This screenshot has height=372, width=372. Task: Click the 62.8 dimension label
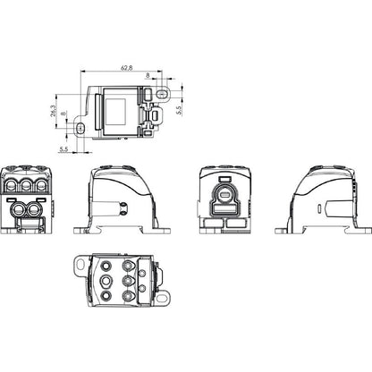[x=127, y=68]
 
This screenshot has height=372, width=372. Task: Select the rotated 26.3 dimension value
[x=53, y=111]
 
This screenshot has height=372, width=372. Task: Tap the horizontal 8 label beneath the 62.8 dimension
[x=148, y=75]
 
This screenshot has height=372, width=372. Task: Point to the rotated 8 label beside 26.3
[x=63, y=114]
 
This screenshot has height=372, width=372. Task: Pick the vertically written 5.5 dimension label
[x=179, y=110]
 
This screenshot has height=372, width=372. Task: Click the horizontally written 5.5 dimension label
[x=63, y=148]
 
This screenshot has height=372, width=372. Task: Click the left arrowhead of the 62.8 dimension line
[x=83, y=72]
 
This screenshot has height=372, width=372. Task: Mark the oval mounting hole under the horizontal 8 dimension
[x=162, y=94]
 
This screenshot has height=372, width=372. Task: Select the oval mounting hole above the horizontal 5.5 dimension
[x=80, y=128]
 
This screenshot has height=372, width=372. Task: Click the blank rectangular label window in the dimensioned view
[x=115, y=112]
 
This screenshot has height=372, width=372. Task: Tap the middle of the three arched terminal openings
[x=26, y=185]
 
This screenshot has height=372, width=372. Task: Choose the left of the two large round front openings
[x=18, y=209]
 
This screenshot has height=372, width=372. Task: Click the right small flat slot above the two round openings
[x=40, y=199]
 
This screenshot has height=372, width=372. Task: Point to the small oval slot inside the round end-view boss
[x=224, y=195]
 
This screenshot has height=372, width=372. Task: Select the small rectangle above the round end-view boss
[x=224, y=179]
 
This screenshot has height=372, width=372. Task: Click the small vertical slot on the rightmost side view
[x=319, y=208]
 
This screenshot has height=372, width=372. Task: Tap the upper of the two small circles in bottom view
[x=142, y=273]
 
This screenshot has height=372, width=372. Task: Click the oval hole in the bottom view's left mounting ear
[x=80, y=264]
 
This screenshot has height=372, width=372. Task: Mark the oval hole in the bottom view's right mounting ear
[x=163, y=298]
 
